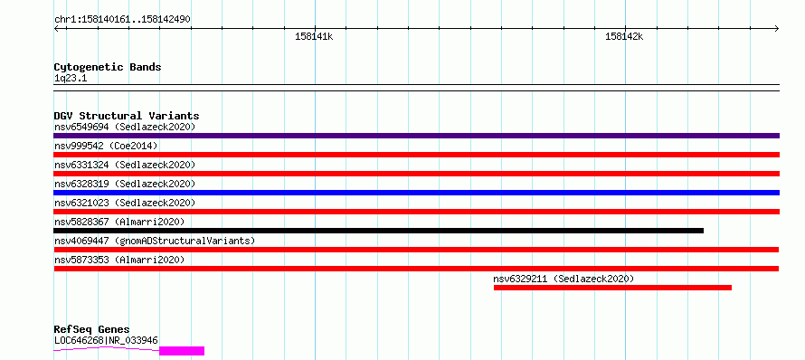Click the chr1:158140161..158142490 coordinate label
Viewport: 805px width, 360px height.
[x=122, y=20]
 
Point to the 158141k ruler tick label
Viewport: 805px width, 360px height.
[x=314, y=37]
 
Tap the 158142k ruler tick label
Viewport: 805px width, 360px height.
[x=624, y=37]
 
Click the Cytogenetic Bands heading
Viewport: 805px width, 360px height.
[x=108, y=67]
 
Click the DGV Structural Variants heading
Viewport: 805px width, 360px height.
[x=127, y=116]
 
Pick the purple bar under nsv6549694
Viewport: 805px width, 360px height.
[x=416, y=136]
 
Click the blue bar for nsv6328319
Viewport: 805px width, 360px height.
[x=416, y=193]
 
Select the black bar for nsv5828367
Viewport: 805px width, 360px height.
[x=378, y=231]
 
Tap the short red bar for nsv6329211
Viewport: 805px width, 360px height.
[x=612, y=288]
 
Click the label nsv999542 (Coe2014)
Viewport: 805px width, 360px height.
[x=106, y=146]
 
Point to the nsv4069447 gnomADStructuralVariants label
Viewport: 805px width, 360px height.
[x=155, y=241]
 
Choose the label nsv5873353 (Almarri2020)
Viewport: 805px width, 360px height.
[x=119, y=260]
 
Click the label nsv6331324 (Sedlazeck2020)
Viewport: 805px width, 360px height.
[x=125, y=165]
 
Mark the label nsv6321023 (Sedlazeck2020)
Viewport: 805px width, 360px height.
[x=125, y=203]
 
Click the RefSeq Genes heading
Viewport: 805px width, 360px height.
[x=92, y=330]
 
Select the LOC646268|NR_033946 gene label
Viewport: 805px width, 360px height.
[x=106, y=340]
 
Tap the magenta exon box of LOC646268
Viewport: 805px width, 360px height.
[x=182, y=351]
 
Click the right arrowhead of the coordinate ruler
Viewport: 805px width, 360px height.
[x=777, y=28]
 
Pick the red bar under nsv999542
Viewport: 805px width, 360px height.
[x=416, y=155]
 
